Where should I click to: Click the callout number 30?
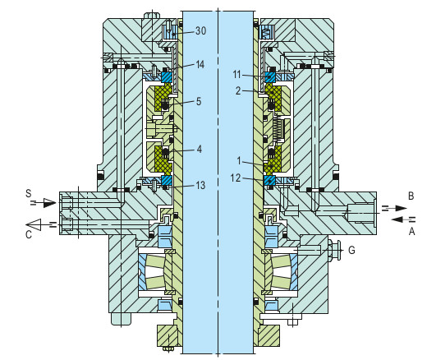[x=200, y=31]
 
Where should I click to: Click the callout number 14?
[x=200, y=64]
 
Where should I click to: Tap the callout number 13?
[x=200, y=186]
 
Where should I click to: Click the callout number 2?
[x=238, y=91]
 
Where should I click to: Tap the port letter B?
[x=409, y=196]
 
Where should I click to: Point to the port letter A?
[x=409, y=231]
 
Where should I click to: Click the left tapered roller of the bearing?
[x=156, y=270]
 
